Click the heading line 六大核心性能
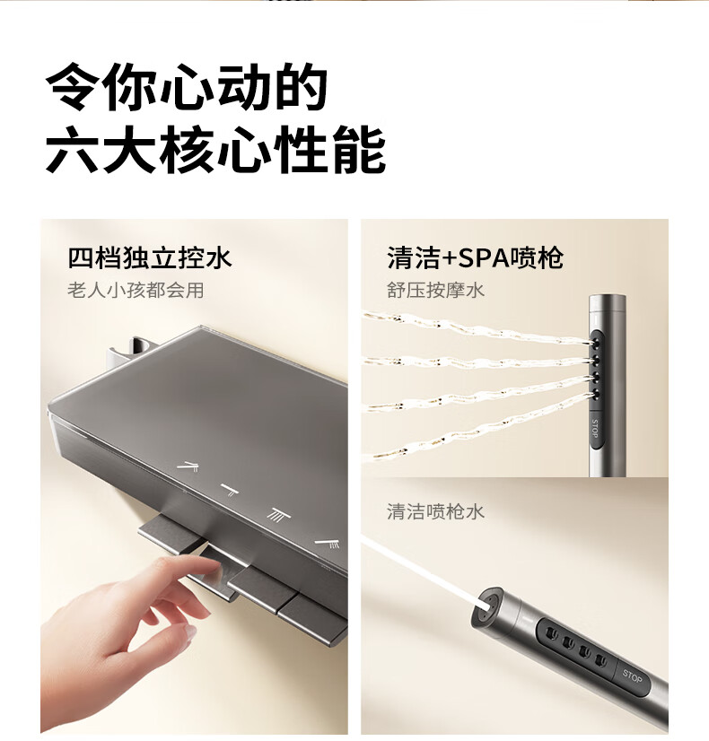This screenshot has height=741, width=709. coord(215,149)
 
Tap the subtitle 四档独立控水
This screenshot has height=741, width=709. coord(150,258)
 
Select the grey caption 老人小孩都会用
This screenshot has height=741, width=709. coord(136,290)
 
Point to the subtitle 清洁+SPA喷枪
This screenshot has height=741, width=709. coord(475,258)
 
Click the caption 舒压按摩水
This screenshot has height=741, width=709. coord(435,290)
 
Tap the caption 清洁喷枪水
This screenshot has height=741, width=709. coord(435,512)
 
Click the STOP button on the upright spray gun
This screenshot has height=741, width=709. coord(595,429)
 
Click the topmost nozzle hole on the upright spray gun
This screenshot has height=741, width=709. coord(595,339)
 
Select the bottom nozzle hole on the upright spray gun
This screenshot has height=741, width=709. coord(595,395)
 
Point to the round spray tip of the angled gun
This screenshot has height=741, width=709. coord(485,607)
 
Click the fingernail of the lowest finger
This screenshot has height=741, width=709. coord(190,632)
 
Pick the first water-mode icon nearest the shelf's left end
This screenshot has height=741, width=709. coord(188,466)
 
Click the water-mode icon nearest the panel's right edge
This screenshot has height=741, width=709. coord(328,544)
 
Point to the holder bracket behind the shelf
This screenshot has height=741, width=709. coord(134,351)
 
